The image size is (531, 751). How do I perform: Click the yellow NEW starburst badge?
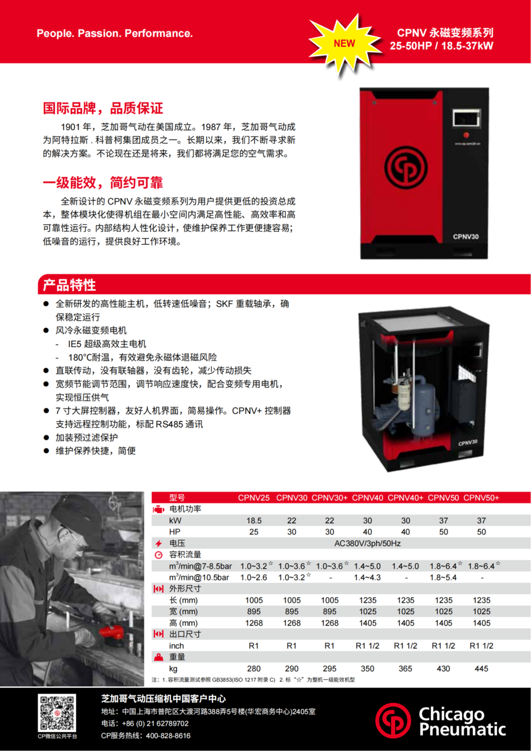pos(345,44)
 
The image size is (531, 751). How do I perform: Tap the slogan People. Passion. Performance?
pos(115,33)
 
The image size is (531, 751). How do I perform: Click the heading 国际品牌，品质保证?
pos(103,108)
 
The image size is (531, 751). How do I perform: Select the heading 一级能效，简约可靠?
pos(103,182)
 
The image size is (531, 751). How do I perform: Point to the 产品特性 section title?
pos(69,285)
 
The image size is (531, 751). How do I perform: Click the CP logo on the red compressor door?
pos(405,167)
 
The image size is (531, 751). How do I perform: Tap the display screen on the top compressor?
pos(466,118)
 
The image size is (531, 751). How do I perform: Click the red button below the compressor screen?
pos(466,135)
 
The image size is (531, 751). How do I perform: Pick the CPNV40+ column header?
pos(405,498)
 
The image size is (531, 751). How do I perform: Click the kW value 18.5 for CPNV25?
pos(254,521)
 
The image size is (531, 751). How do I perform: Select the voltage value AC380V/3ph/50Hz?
pos(367,543)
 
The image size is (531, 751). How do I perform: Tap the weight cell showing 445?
pos(482,668)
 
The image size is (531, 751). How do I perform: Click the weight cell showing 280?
pos(254,668)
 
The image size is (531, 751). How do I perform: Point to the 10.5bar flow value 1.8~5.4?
pos(443,577)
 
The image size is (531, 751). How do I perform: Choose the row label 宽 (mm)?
pos(183,611)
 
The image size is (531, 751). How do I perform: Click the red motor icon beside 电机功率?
pos(158,510)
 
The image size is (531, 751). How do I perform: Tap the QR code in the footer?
pos(57,713)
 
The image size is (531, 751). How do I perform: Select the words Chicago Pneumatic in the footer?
pos(462,721)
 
